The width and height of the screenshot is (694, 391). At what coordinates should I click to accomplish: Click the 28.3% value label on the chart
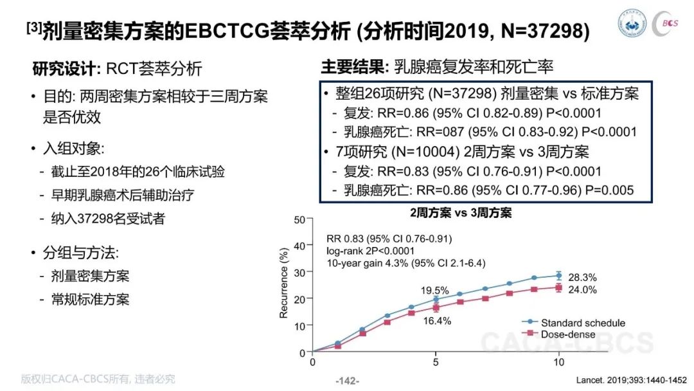tap(583, 278)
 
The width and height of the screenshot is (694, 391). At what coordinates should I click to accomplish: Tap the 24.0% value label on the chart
tap(583, 290)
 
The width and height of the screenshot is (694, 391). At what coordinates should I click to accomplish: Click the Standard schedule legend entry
tap(582, 323)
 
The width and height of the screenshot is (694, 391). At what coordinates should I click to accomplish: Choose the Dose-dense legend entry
tap(567, 334)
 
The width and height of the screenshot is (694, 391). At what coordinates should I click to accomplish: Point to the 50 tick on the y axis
tap(300, 219)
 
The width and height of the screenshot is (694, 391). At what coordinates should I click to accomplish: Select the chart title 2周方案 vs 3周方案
tap(461, 211)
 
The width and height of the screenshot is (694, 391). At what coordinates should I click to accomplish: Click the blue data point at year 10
tap(559, 275)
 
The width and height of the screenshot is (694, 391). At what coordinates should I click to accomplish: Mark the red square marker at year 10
tap(559, 287)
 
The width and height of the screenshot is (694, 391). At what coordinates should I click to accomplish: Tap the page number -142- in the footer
tap(348, 380)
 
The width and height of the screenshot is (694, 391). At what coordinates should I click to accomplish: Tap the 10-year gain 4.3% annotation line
tap(406, 263)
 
